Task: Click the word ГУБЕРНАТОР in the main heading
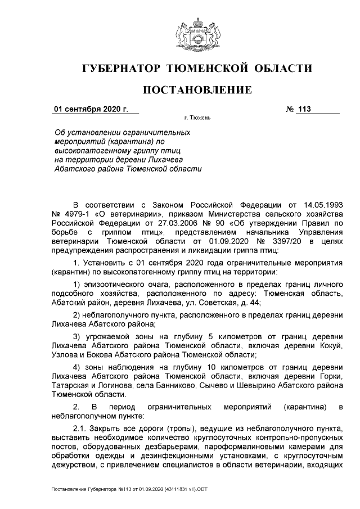coord(120,69)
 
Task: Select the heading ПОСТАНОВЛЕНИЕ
coord(196,90)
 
